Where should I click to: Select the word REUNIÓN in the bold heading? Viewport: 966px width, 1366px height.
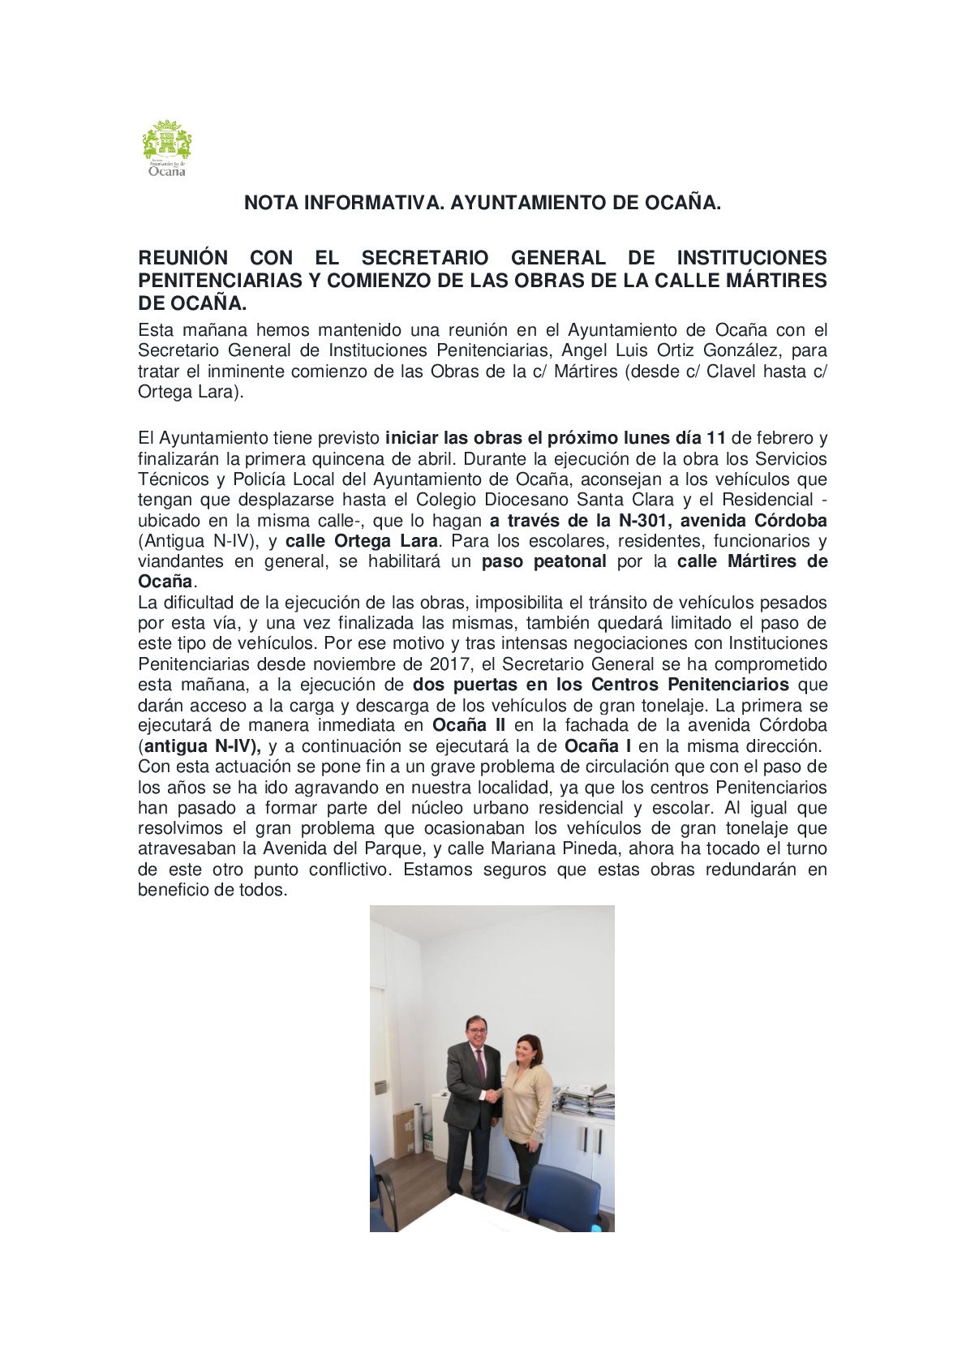pos(183,258)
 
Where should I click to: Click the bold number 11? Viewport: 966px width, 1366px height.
pos(716,438)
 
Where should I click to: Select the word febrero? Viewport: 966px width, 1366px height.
pos(783,438)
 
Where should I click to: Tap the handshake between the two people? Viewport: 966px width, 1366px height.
pos(492,1095)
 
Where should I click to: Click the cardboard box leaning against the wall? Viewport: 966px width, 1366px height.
pos(405,1132)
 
